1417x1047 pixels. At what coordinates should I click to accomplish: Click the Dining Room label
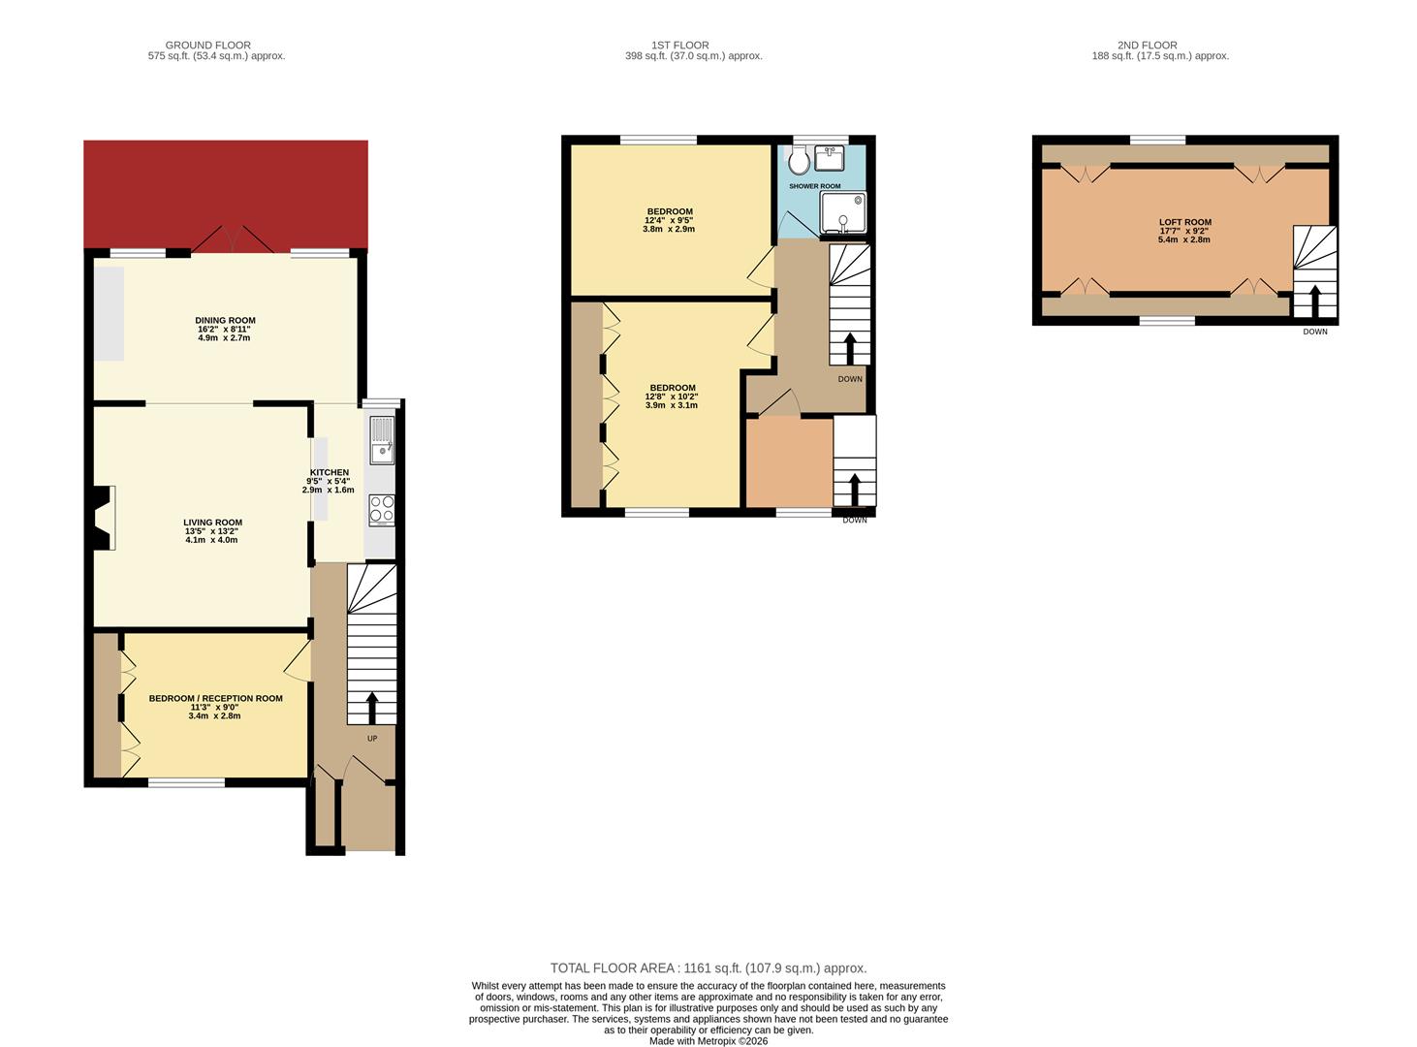tap(225, 321)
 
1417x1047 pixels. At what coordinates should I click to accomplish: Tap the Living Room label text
tap(212, 523)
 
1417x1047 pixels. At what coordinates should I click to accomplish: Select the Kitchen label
tap(329, 472)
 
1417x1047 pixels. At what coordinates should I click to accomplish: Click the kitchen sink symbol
tap(382, 441)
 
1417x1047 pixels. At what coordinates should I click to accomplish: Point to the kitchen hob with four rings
tap(382, 510)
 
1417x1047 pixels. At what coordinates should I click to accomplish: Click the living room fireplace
tap(104, 518)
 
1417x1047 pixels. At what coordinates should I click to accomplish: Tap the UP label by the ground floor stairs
tap(372, 739)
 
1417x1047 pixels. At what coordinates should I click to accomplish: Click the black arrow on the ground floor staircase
tap(371, 708)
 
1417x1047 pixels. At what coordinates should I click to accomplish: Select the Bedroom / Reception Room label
tap(215, 698)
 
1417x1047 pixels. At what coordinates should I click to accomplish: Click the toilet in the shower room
tap(799, 161)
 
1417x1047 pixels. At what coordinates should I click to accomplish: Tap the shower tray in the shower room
tap(842, 214)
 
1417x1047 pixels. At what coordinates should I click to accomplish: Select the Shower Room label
tap(814, 186)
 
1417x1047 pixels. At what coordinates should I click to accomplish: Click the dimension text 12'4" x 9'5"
tap(669, 221)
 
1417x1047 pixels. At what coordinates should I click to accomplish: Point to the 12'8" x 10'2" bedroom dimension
tap(672, 397)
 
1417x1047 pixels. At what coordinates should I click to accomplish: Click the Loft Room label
tap(1184, 222)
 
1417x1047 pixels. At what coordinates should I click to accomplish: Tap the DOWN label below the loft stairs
tap(1314, 332)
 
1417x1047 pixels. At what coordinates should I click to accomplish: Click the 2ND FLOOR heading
tap(1147, 45)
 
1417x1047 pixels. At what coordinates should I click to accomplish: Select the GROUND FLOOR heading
tap(207, 45)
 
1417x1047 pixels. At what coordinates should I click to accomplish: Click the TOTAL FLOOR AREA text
tap(708, 968)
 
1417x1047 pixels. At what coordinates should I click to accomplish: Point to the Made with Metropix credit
tap(708, 1041)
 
